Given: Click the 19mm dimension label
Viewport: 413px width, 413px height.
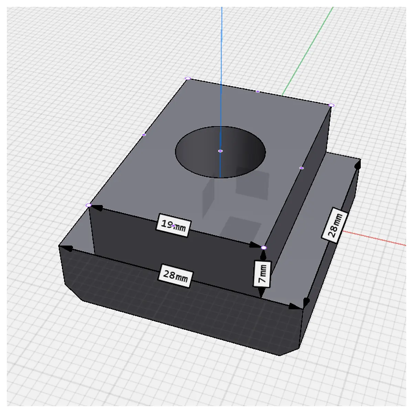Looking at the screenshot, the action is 173,225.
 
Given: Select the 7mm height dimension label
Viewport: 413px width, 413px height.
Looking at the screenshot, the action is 262,274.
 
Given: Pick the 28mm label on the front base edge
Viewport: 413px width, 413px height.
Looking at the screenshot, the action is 176,276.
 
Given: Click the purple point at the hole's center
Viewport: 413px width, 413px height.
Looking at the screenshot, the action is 220,151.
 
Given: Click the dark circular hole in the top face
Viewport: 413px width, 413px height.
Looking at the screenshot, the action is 220,152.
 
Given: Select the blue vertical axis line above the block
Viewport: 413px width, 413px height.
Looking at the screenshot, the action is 221,43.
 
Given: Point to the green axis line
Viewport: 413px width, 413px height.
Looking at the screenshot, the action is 307,51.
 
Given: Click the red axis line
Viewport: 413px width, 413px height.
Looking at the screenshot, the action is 374,238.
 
